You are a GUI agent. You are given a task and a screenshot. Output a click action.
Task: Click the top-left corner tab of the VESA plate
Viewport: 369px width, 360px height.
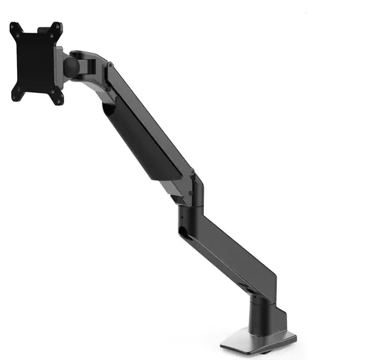(14, 28)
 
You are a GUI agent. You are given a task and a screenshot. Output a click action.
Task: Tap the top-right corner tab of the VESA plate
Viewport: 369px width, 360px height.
(57, 26)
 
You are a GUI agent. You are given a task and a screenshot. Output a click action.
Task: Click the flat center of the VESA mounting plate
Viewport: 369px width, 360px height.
(37, 62)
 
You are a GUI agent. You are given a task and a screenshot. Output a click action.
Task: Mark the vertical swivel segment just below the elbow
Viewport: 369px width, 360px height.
(185, 209)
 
